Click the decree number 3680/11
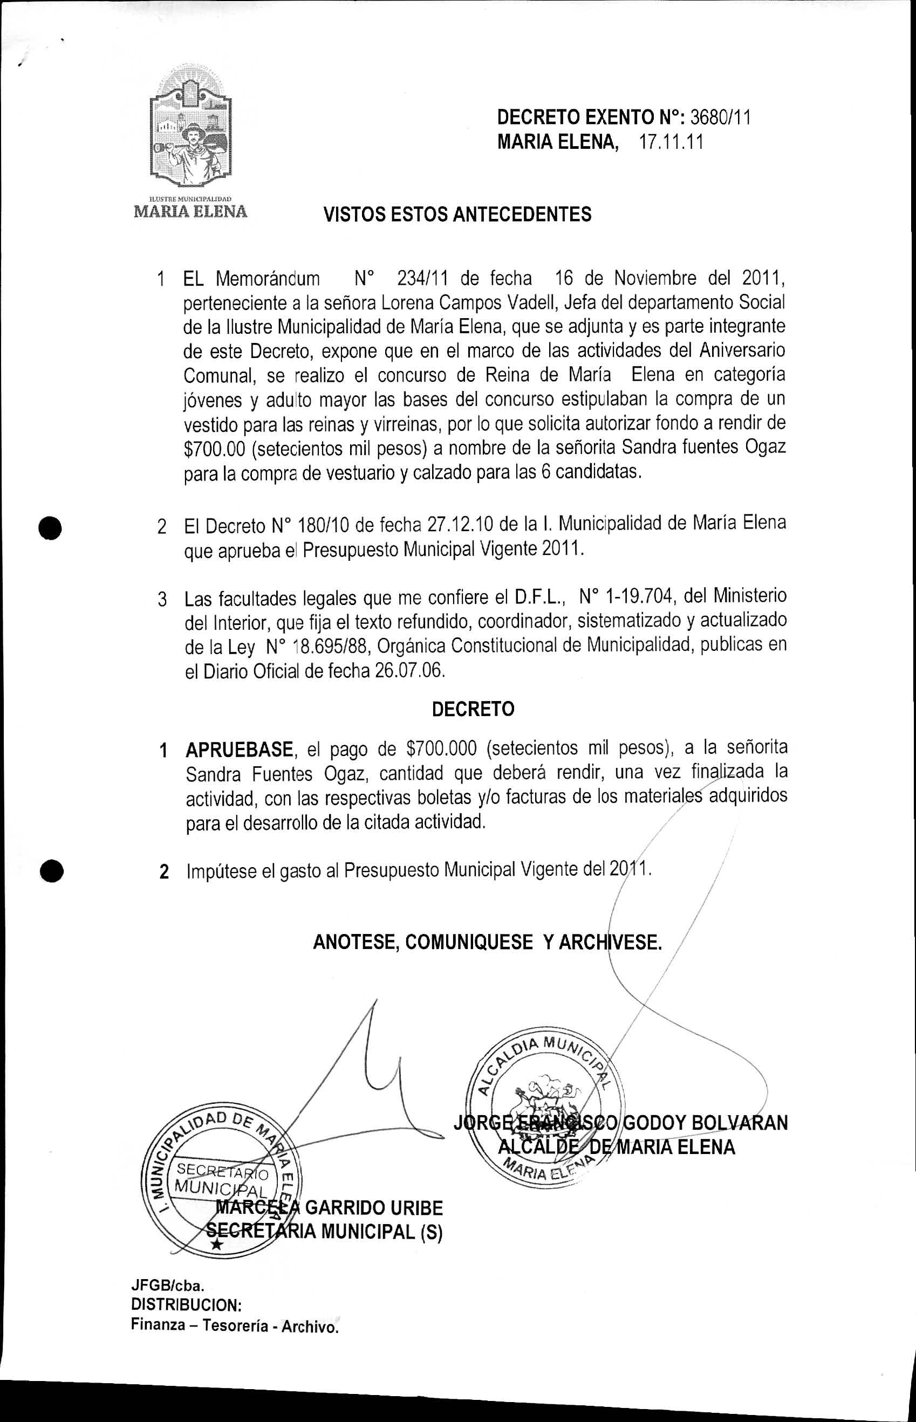tap(719, 118)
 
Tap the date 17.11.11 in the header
tap(671, 143)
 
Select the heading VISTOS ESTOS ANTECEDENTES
tap(457, 214)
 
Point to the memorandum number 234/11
tap(422, 278)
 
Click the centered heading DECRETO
tap(473, 709)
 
